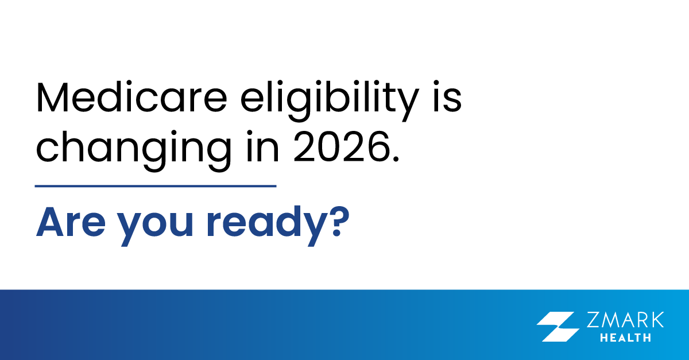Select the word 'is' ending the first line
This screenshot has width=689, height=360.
tap(447, 98)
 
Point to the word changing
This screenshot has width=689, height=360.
tap(131, 148)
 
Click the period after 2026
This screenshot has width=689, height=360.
tap(393, 157)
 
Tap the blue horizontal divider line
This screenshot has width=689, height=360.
tap(156, 186)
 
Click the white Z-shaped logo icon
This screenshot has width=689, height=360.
tap(558, 327)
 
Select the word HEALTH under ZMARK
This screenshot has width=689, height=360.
tap(625, 338)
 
